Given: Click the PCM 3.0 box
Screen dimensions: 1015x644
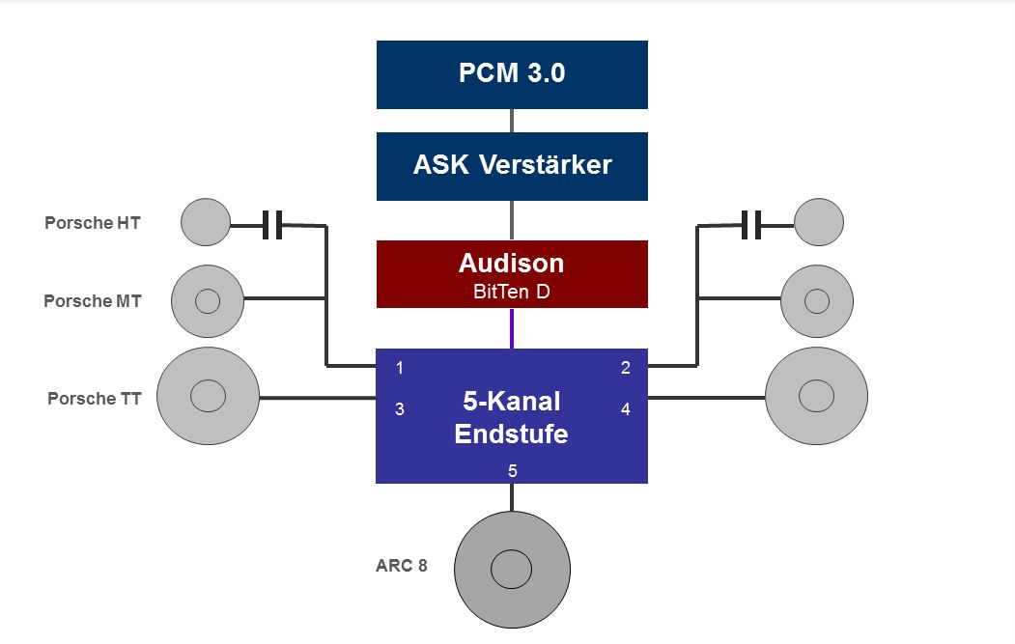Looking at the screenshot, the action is tap(512, 74).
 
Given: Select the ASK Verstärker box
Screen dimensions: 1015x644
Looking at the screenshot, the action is tap(512, 166).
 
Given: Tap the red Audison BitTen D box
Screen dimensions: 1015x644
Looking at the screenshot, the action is tap(512, 274).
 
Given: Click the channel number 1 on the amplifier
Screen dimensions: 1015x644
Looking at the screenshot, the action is tap(400, 368).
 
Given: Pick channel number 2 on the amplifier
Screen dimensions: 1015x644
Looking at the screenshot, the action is tap(625, 368).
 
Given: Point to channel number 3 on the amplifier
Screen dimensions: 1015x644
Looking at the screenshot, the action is tap(400, 409).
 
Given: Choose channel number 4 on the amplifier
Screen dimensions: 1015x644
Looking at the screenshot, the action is tap(625, 409).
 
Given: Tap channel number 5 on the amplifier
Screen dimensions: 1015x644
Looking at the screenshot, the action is tap(513, 470).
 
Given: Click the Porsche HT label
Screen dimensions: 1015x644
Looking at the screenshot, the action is tap(93, 223).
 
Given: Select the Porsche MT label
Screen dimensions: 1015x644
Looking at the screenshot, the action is tap(93, 301).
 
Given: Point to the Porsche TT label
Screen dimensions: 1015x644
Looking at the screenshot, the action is tap(95, 398).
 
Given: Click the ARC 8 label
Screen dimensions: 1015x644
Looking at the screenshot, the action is tap(402, 566).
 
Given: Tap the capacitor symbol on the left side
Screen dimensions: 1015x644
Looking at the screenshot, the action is tap(272, 225).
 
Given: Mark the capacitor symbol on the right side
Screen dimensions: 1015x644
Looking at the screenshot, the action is tap(751, 225).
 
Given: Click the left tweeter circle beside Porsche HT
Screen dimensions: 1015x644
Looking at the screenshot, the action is tap(206, 222).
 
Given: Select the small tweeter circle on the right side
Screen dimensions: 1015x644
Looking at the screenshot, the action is tap(819, 222).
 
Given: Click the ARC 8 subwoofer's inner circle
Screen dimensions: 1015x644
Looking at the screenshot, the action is tap(512, 569).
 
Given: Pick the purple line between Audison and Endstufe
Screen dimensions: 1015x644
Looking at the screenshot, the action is tap(512, 328).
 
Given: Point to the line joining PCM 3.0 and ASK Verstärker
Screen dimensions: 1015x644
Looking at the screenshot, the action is tap(512, 121).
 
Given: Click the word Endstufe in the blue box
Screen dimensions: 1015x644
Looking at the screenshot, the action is tap(512, 434).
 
